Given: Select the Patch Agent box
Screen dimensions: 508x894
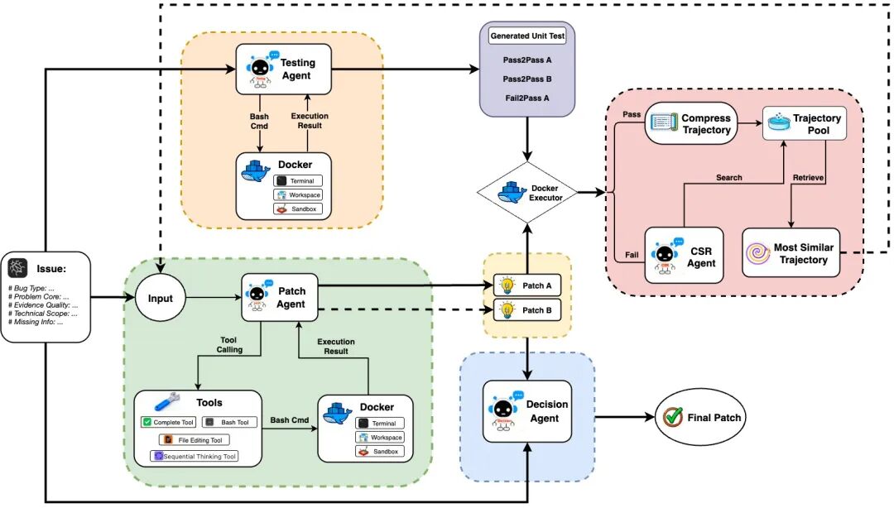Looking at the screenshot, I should click(x=280, y=298).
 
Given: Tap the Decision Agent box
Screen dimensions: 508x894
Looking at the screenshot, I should click(x=527, y=411).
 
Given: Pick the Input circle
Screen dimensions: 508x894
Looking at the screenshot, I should click(x=161, y=298).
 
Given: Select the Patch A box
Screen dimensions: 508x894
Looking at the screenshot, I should click(x=526, y=285).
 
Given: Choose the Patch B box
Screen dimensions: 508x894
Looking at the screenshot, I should click(x=526, y=311).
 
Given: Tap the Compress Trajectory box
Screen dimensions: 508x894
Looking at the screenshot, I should click(x=690, y=124).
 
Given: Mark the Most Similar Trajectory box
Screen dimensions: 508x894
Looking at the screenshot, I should click(x=791, y=253).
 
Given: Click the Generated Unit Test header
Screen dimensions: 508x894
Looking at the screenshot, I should click(x=527, y=36).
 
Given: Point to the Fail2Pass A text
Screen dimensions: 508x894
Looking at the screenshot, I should click(x=527, y=98).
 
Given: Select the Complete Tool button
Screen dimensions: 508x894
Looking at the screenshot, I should click(x=168, y=422).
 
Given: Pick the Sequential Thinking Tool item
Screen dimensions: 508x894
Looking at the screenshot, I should click(x=195, y=456).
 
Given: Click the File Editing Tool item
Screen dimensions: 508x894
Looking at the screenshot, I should click(x=195, y=439).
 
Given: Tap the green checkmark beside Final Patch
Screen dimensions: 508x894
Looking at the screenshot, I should click(x=671, y=417).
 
